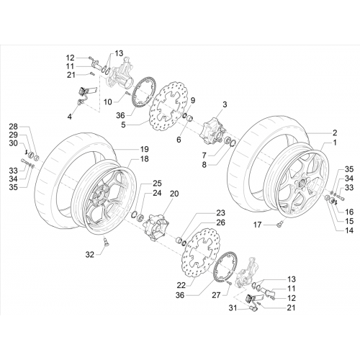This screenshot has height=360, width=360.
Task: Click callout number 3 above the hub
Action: click(225, 104)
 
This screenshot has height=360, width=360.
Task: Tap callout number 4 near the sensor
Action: click(70, 117)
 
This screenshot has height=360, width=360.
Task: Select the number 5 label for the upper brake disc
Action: click(123, 125)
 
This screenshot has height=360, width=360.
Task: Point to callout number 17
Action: click(257, 225)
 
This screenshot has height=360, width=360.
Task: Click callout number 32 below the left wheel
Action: click(90, 255)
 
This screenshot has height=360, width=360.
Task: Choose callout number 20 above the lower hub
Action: click(174, 194)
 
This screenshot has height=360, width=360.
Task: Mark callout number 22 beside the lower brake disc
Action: click(181, 285)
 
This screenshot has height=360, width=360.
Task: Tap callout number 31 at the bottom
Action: click(233, 307)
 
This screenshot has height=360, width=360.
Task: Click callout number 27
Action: click(216, 295)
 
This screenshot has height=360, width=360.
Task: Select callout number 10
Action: click(108, 102)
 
